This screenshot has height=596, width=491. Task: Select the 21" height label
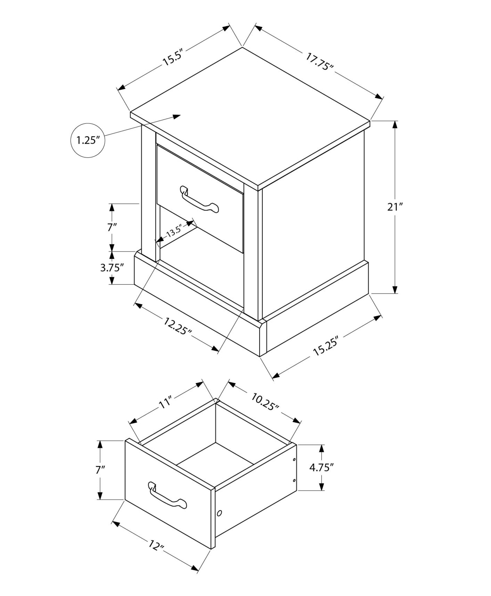(x=395, y=207)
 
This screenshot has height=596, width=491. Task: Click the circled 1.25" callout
(x=88, y=140)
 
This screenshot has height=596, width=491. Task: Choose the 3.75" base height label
(x=112, y=268)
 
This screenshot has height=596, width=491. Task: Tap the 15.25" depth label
(x=327, y=346)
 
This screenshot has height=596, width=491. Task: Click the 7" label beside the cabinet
(x=112, y=227)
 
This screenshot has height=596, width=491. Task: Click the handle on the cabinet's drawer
(x=199, y=200)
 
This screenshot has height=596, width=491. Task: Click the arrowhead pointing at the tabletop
(x=177, y=117)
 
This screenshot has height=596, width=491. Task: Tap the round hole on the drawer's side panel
(x=220, y=513)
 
